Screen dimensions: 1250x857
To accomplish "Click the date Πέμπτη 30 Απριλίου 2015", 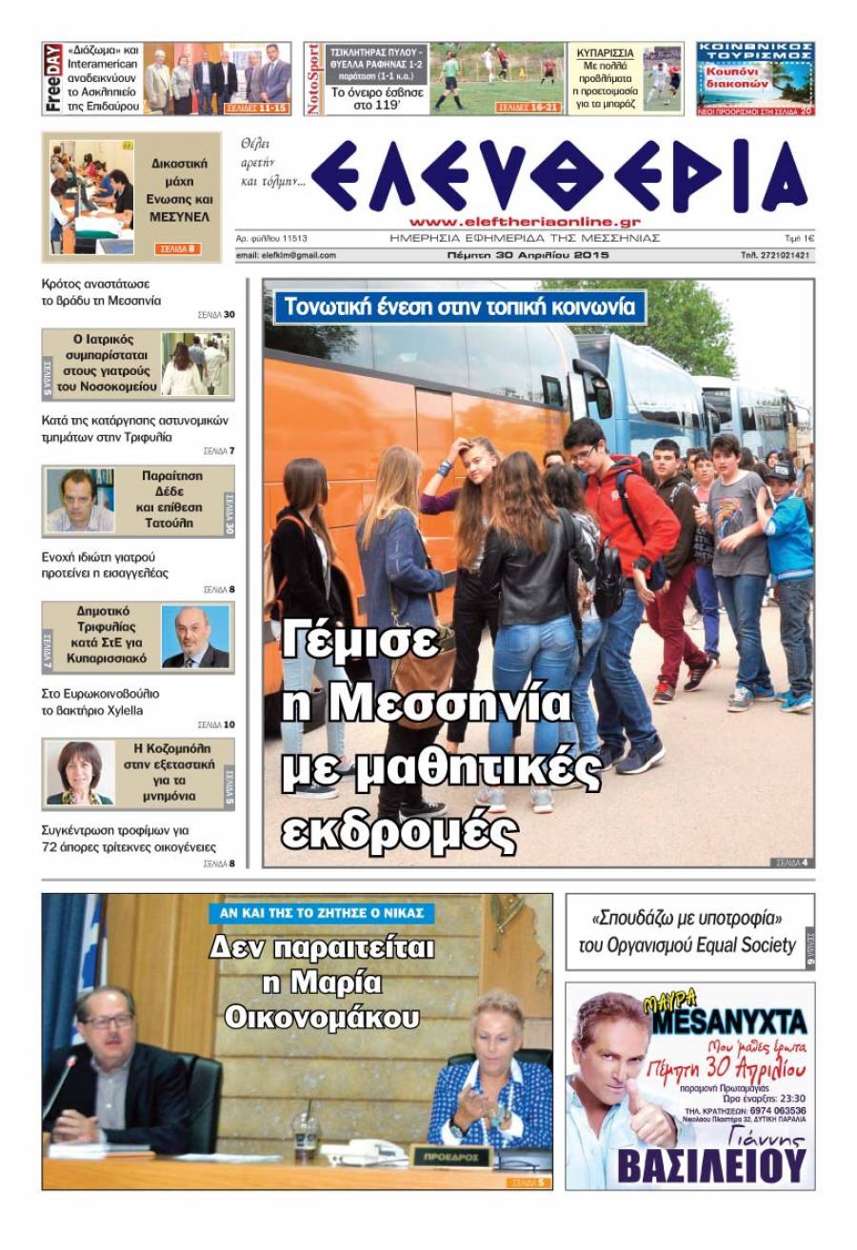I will [528, 255].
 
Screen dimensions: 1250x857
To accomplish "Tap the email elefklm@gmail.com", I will [286, 255].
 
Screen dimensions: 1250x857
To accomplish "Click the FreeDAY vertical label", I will [53, 78].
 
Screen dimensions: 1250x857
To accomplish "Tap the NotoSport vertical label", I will [313, 79].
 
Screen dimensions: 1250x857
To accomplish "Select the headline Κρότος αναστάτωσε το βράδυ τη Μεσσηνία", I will [102, 291].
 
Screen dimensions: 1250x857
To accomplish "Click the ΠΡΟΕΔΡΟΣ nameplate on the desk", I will [450, 1156].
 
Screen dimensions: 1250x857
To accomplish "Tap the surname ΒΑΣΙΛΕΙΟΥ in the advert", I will [711, 1164].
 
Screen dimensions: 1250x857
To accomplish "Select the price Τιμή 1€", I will [797, 238].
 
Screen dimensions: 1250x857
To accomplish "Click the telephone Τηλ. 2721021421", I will [775, 255].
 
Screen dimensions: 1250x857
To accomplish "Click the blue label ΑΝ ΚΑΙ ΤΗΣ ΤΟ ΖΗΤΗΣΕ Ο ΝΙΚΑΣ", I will [322, 913].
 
